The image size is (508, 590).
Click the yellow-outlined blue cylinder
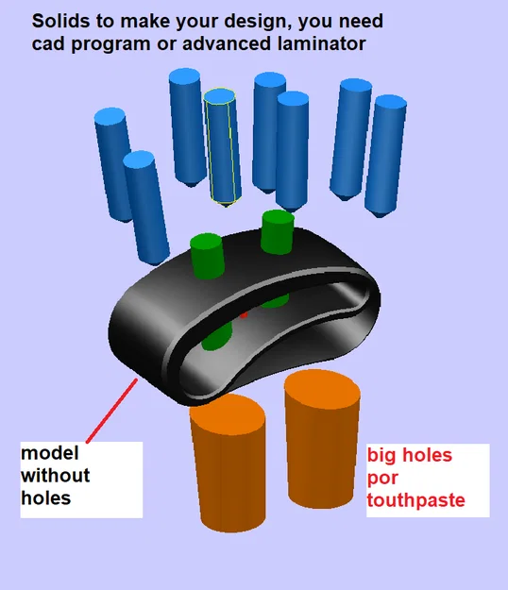pos(223,146)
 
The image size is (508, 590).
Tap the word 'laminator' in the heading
pos(321,43)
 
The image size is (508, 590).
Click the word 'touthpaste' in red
pos(415,500)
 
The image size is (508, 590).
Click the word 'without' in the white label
pos(56,475)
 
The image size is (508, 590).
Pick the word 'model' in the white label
pos(50,453)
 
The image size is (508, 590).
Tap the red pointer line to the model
pos(111,411)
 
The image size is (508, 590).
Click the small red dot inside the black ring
pos(244,314)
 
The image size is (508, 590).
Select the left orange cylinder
pos(229,464)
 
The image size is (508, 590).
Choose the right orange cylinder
pos(322,438)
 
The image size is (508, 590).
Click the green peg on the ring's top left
pos(207,256)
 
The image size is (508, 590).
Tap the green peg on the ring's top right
pos(278,232)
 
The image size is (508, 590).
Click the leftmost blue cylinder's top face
pos(110,116)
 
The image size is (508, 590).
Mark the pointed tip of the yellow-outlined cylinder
pos(226,207)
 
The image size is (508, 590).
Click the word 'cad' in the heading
pos(48,44)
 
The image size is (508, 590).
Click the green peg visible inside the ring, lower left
pos(217,336)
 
